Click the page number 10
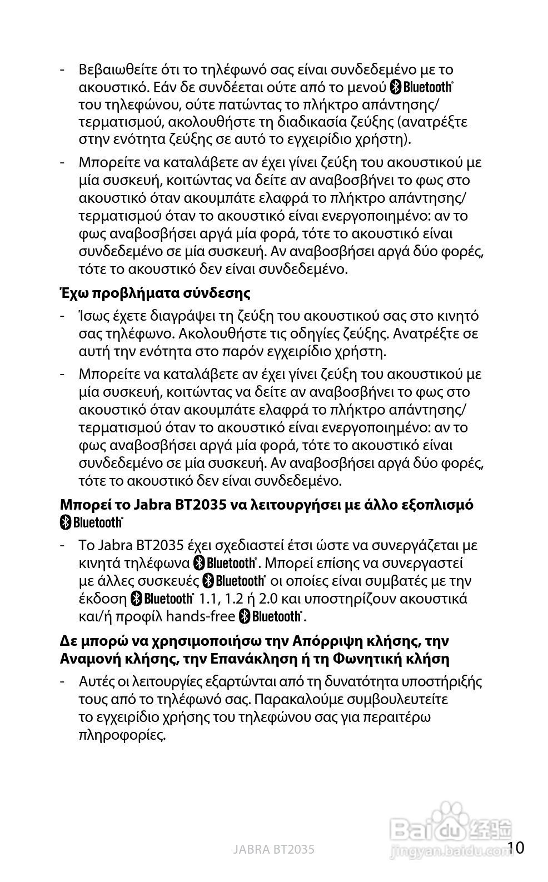coord(516,848)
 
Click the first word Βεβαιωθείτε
coord(116,70)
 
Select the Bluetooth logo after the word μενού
coord(422,87)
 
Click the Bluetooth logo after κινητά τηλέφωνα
coord(225,563)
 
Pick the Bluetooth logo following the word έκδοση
coord(162,599)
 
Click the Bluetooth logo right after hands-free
coord(271,616)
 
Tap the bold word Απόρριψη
coord(324,641)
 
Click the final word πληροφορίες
coord(122,735)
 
